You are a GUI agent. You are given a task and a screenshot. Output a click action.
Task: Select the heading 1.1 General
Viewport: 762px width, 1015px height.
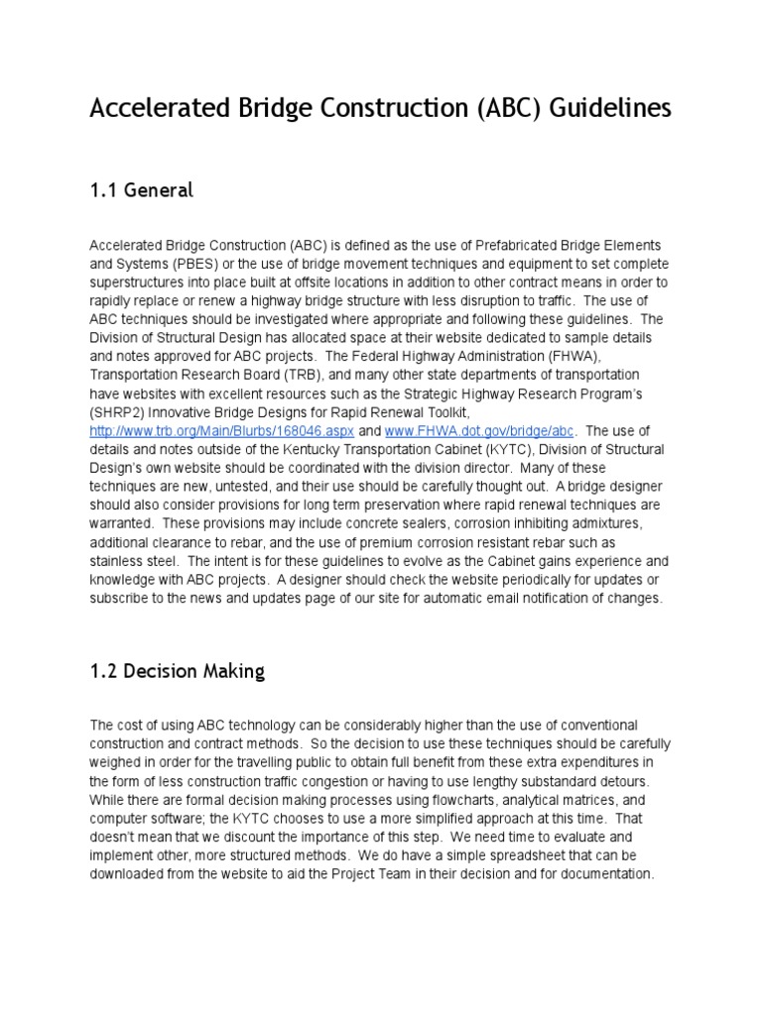click(x=141, y=190)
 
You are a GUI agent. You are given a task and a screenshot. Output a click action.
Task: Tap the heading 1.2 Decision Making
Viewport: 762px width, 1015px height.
click(x=177, y=671)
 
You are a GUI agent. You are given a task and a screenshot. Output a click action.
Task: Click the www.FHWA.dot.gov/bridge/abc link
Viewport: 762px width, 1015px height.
click(x=465, y=431)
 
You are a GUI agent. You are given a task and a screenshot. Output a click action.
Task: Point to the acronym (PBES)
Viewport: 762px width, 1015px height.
click(x=177, y=263)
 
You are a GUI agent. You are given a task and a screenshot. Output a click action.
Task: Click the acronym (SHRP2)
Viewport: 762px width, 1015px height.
click(x=120, y=412)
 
